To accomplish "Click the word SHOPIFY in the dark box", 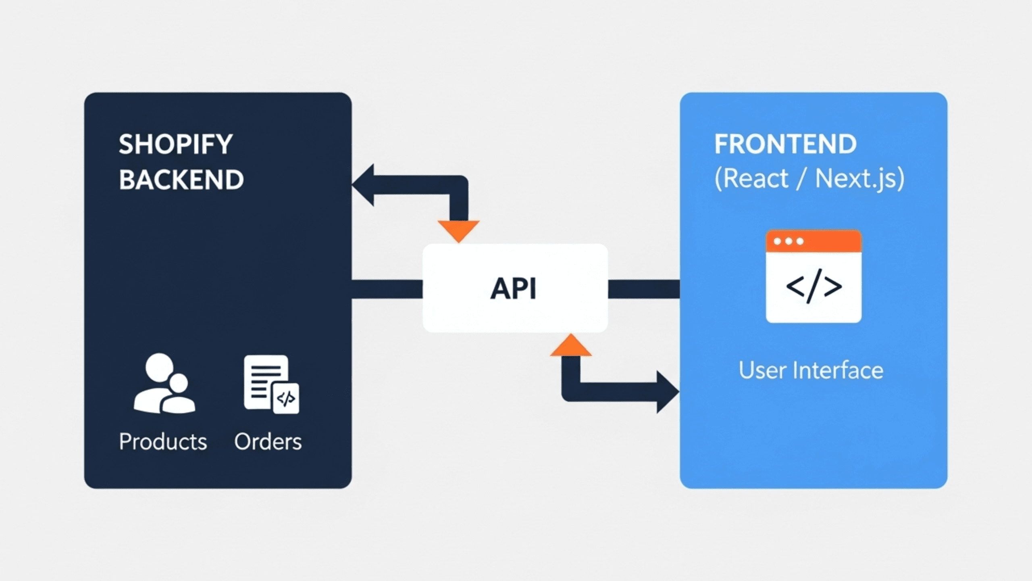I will tap(175, 144).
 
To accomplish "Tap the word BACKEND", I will tap(181, 180).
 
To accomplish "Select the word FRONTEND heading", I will tap(785, 144).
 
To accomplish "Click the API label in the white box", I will tap(513, 289).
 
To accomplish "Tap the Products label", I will tap(163, 441).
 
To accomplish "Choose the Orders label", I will tap(268, 441).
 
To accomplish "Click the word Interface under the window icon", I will tap(838, 370).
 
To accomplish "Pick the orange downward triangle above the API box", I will tap(458, 229).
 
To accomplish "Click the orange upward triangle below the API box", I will tap(571, 347).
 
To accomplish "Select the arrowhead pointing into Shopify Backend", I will tap(364, 185).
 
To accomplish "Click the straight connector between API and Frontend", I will tap(643, 289).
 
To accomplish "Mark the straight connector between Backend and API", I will tap(387, 289).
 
